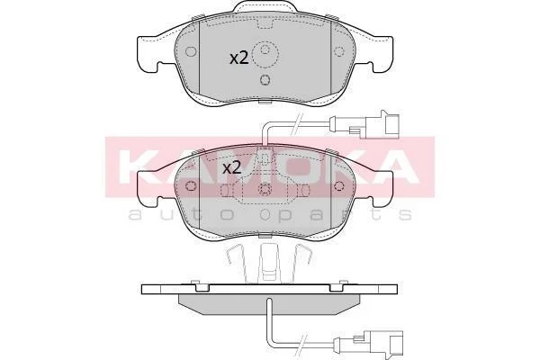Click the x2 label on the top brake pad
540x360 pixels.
239,58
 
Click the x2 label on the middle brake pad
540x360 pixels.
231,167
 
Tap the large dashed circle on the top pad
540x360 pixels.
265,54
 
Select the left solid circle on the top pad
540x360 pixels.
190,51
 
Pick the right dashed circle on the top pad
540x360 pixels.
339,51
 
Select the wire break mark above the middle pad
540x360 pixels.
296,125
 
